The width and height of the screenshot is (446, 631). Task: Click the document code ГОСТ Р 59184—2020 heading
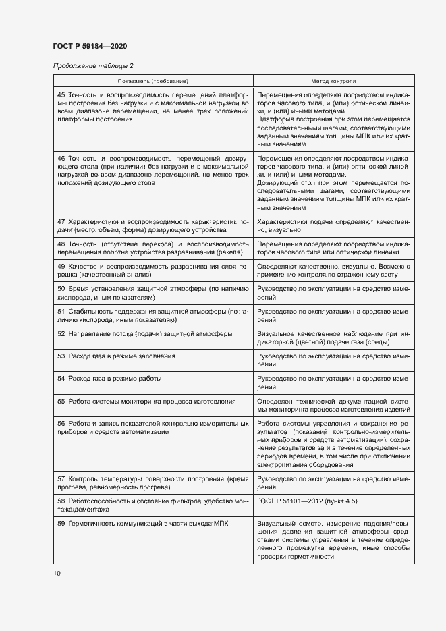[90, 46]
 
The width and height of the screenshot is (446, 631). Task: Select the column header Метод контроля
[333, 80]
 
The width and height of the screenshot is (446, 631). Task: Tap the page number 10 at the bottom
[57, 574]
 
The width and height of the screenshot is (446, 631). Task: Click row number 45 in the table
[61, 95]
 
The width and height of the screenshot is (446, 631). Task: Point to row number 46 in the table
[61, 157]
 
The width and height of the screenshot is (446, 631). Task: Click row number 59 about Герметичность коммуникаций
[61, 524]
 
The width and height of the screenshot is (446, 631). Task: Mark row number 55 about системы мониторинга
[61, 401]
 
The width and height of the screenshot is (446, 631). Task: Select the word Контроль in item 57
[84, 478]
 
